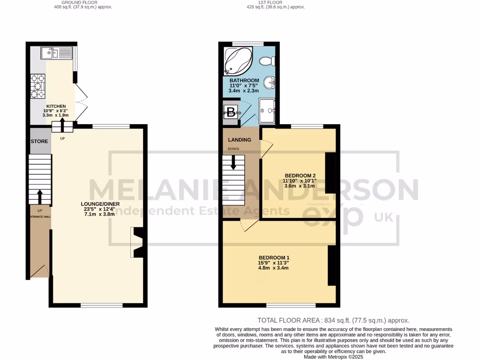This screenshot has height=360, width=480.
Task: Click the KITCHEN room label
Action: [x=56, y=106]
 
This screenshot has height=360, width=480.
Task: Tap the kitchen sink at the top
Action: [x=56, y=53]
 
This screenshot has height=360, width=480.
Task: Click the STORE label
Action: [x=39, y=142]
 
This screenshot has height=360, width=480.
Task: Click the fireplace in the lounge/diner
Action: [x=138, y=243]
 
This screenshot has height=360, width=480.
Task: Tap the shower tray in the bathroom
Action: [x=267, y=110]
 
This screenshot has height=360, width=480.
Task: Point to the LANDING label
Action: [x=240, y=140]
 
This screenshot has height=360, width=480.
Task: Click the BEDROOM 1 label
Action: [x=274, y=258]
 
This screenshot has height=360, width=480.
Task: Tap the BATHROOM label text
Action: [x=244, y=81]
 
